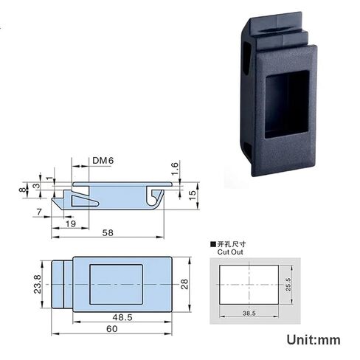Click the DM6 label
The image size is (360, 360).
(103, 160)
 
